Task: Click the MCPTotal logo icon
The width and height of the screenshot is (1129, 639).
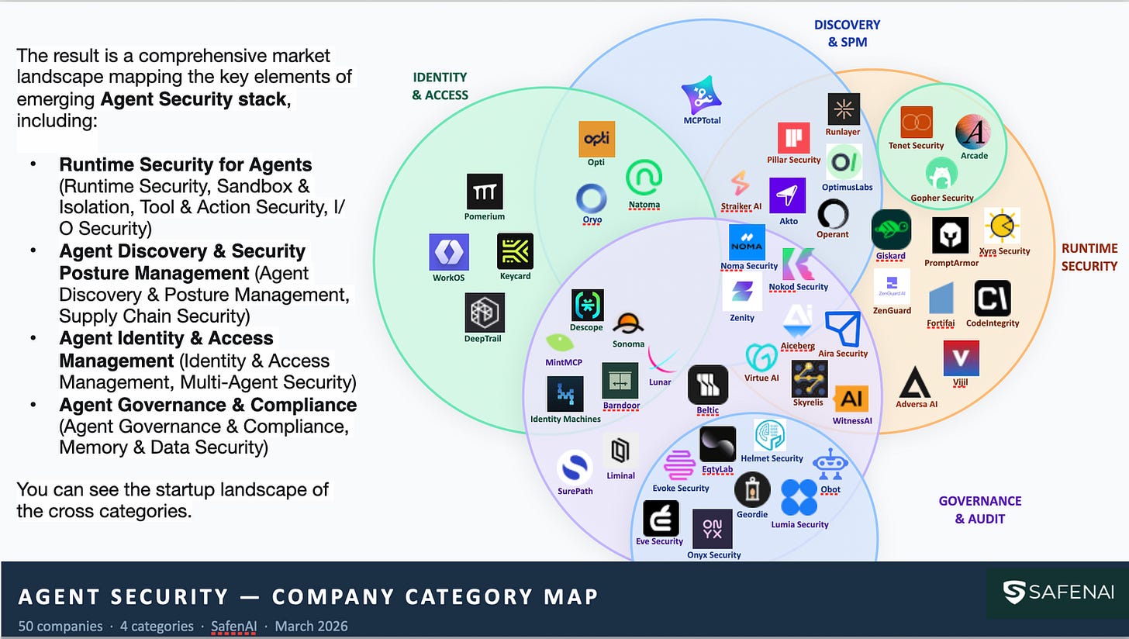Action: (701, 95)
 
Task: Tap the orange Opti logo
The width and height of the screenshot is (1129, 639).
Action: (597, 139)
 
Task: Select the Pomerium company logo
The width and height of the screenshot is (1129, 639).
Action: (485, 192)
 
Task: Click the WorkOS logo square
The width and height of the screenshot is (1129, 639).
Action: (449, 252)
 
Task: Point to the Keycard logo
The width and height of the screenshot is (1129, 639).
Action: (515, 251)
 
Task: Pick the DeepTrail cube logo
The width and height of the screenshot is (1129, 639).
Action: (485, 313)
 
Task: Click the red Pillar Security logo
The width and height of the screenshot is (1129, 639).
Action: (794, 137)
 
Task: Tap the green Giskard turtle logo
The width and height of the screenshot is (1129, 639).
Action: (891, 230)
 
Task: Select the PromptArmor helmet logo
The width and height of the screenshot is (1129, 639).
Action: (950, 235)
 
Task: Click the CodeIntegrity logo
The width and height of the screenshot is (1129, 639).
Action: (993, 299)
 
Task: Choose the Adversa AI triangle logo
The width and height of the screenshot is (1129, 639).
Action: (915, 383)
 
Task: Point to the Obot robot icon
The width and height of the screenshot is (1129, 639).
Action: (830, 465)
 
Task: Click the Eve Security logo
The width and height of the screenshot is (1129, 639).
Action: (661, 519)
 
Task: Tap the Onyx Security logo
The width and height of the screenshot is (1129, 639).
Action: (712, 529)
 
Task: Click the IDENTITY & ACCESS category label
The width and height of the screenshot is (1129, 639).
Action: (440, 86)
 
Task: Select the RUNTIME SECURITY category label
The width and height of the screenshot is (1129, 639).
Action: (1089, 257)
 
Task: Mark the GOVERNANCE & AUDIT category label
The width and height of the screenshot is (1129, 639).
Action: (980, 509)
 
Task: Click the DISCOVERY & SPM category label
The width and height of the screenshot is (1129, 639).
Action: (848, 33)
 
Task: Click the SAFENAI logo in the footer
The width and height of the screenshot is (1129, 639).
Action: (1058, 592)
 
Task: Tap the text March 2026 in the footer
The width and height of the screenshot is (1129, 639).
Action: (311, 626)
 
